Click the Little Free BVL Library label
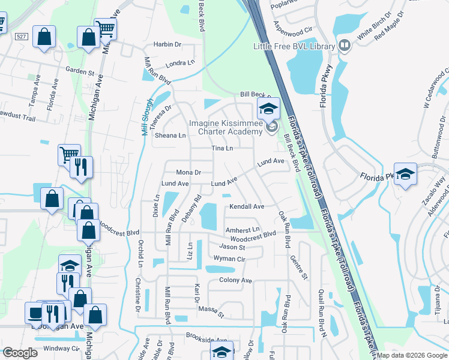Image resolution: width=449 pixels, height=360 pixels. [x=294, y=46]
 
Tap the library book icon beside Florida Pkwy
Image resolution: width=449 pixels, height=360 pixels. [x=345, y=46]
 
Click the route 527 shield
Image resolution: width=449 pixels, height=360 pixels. [x=22, y=37]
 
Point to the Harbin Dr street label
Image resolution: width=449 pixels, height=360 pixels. [x=167, y=44]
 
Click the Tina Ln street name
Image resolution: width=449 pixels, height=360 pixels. [x=221, y=148]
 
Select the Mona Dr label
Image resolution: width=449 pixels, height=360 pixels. [x=188, y=172]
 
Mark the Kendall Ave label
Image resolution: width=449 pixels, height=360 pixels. [x=247, y=206]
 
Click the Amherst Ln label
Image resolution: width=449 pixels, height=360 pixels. [x=243, y=230]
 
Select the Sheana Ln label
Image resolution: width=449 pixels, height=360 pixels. [x=170, y=136]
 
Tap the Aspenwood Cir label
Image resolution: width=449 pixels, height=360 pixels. [x=294, y=29]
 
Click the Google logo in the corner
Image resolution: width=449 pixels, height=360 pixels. [x=20, y=353]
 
